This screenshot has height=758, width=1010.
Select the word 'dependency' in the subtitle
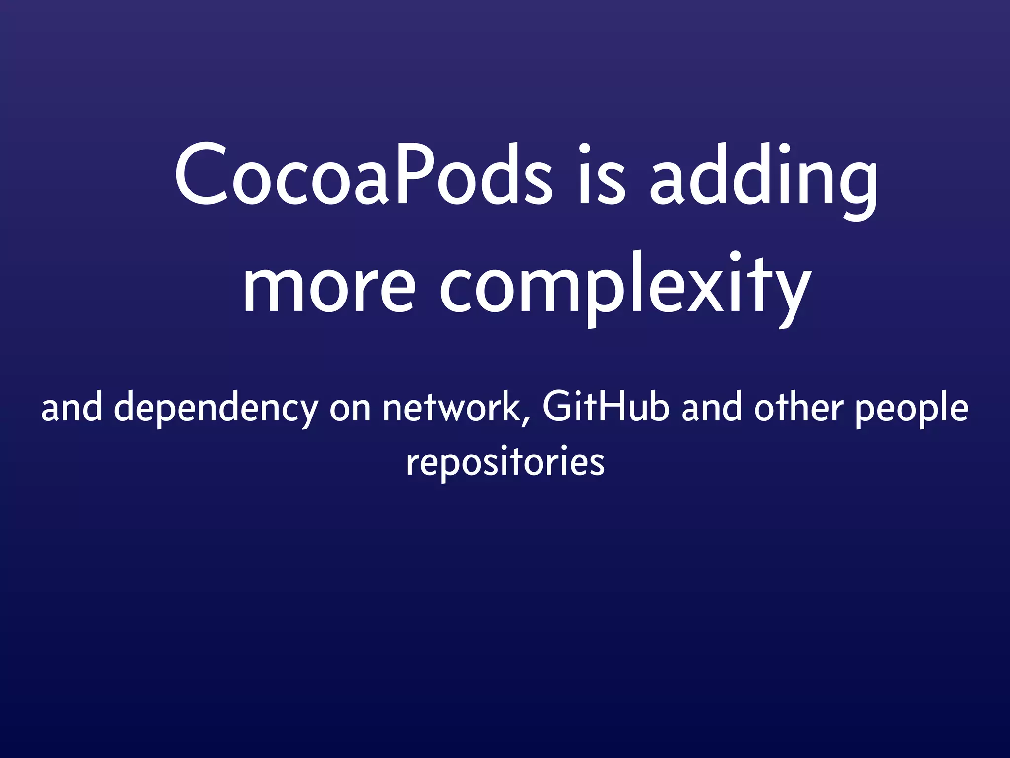pyautogui.click(x=216, y=411)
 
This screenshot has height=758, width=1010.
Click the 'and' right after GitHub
pyautogui.click(x=711, y=409)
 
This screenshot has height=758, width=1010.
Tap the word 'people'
pyautogui.click(x=911, y=411)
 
